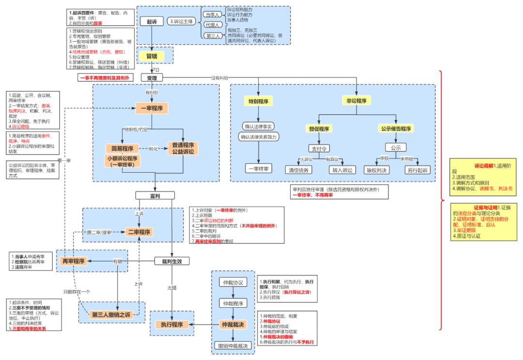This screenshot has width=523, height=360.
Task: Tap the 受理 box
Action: [x=152, y=77]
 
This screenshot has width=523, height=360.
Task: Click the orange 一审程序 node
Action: [x=152, y=108]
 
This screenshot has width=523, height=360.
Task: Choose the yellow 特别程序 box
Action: [x=259, y=101]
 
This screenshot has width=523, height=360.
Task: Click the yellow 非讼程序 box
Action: [x=356, y=101]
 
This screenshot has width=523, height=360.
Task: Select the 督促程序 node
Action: [x=319, y=129]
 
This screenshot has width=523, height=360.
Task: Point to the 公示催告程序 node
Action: [x=396, y=129]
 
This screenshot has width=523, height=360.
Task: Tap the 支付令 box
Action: [x=319, y=148]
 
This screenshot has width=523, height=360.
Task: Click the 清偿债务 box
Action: [x=299, y=170]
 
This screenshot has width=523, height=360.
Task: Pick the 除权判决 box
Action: [x=376, y=170]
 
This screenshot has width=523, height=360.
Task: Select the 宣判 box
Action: [x=155, y=195]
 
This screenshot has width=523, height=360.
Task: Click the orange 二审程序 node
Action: [x=139, y=232]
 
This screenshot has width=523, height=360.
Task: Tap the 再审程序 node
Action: [x=73, y=261]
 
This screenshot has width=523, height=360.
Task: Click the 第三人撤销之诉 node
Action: [x=111, y=315]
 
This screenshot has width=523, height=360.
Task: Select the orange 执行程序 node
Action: [x=172, y=324]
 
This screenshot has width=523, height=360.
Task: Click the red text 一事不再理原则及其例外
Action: [x=104, y=77]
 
